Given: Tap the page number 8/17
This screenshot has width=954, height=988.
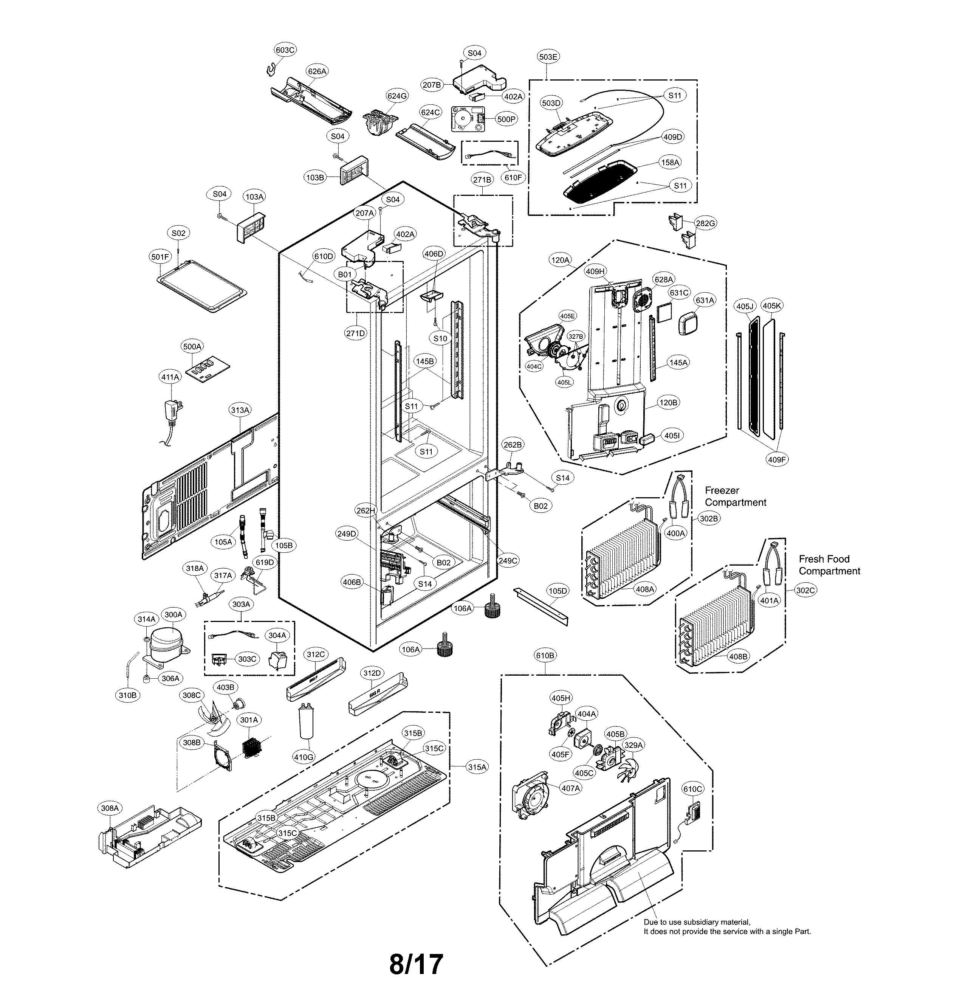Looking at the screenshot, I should coord(416,964).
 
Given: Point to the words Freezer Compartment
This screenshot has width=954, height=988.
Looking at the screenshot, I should coord(735,496).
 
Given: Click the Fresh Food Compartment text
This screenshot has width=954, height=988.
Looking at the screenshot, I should coord(829,565).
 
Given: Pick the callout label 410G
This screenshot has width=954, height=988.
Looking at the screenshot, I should coord(304,757).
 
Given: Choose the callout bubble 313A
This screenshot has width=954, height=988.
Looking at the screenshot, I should coord(240,410).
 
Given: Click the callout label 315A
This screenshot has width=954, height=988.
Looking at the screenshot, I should coord(477,767).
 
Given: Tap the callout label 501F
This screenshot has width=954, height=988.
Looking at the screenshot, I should coord(160,257).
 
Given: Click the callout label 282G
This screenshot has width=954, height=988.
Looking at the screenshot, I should coord(705,223).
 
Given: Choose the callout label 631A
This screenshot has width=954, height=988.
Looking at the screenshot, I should coord(705,301).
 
